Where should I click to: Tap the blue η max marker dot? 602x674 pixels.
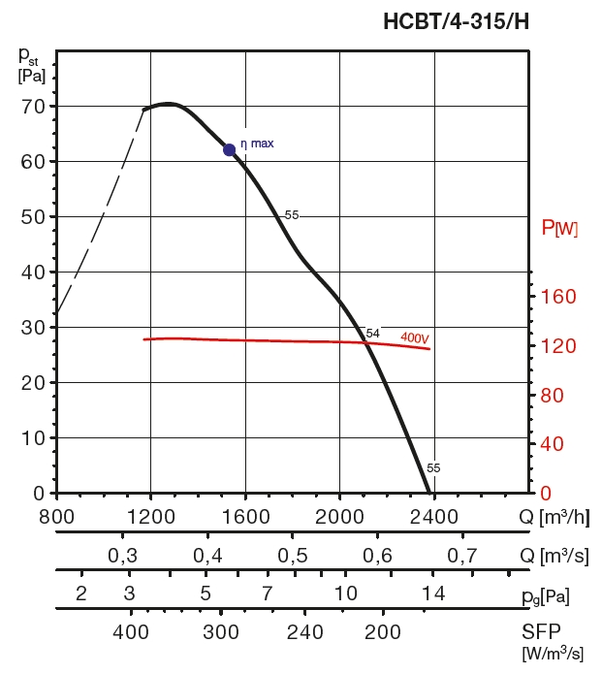[x=230, y=149]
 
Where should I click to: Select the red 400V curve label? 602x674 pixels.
[x=415, y=337]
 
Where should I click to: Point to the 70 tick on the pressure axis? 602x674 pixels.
[x=33, y=106]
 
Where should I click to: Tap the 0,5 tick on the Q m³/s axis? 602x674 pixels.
[x=293, y=556]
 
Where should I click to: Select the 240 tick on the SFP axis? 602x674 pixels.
[x=304, y=632]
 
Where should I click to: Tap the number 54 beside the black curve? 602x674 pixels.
[x=372, y=334]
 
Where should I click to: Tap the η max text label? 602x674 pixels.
[x=257, y=144]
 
